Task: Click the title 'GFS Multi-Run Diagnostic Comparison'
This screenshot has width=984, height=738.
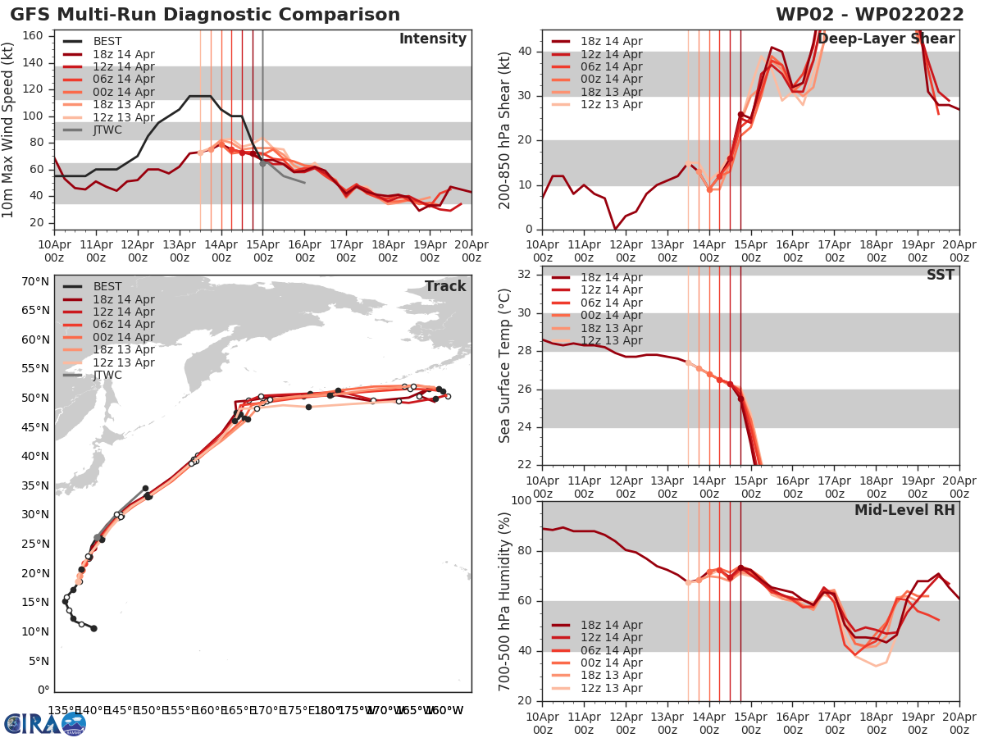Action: coord(205,15)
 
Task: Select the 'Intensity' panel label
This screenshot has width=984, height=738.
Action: coord(432,39)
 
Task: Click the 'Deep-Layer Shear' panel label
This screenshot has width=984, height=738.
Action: coord(886,39)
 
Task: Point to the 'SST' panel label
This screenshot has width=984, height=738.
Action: coord(940,275)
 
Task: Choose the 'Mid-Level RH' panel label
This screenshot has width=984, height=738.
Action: coord(904,510)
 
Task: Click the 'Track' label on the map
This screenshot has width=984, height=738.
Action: coord(445,286)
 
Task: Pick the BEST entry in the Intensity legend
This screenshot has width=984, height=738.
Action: coord(107,41)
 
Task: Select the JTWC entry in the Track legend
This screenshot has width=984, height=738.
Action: coord(107,375)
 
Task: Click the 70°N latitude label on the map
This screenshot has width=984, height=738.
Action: coord(35,281)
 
